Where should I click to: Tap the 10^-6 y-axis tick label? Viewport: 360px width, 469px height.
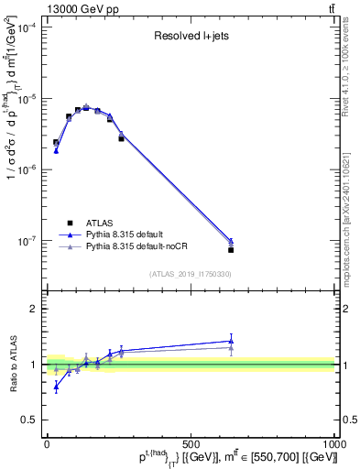25,170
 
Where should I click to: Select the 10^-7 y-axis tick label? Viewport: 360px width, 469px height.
25,241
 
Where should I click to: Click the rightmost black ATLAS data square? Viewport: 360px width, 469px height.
231,249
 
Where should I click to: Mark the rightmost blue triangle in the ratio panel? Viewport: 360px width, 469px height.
231,341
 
